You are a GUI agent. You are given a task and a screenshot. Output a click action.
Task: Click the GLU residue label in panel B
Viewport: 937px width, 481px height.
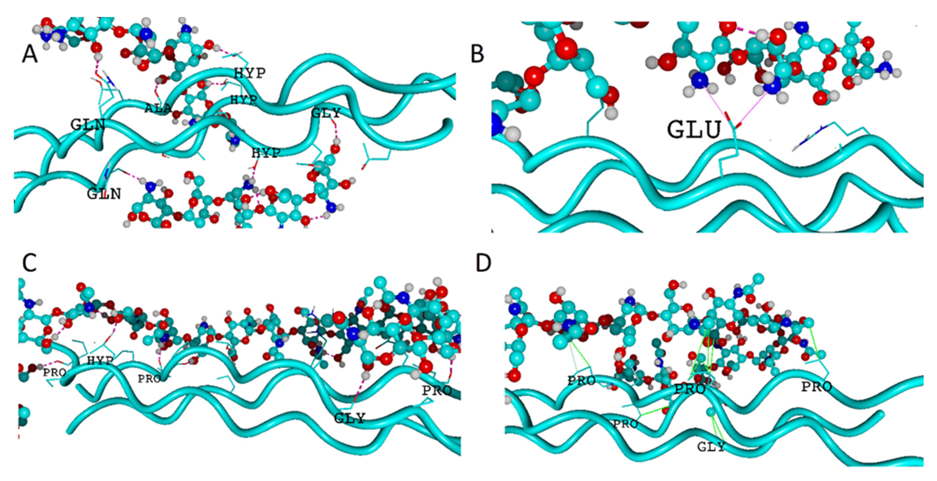pos(694,130)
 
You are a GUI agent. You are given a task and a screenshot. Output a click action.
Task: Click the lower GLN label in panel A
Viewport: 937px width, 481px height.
pos(104,194)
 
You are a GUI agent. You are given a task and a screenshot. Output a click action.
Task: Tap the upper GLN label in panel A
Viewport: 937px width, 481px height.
pos(88,125)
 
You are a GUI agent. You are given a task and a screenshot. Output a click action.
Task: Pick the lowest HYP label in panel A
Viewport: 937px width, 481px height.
pos(266,153)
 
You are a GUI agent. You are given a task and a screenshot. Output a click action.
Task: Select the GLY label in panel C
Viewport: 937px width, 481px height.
pos(349,418)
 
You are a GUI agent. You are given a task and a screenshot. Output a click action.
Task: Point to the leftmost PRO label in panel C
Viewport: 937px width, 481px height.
pos(54,372)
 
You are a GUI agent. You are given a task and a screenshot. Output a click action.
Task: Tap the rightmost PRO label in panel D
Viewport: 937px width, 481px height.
pos(817,387)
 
